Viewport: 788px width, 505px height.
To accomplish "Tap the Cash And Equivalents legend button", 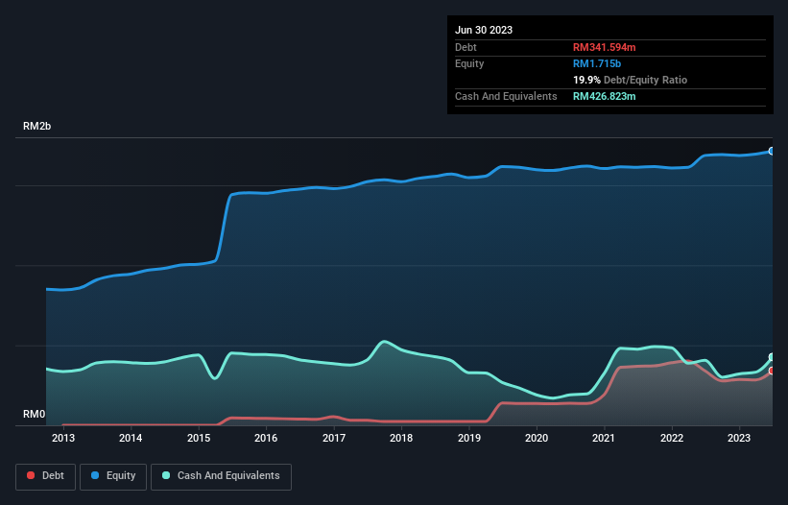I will click(x=221, y=475).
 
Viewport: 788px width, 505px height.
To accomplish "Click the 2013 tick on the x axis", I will click(x=63, y=439).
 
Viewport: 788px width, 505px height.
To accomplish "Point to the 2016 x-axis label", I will click(x=266, y=439).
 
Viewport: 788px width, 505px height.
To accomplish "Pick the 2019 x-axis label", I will click(x=469, y=439).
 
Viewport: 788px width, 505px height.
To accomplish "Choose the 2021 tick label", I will click(x=605, y=439).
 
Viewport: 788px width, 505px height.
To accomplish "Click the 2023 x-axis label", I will click(x=739, y=439).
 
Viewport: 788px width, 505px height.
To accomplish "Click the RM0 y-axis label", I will click(x=35, y=415).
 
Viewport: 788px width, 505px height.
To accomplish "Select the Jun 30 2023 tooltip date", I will click(x=484, y=30).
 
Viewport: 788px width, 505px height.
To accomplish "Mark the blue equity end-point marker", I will click(x=771, y=151).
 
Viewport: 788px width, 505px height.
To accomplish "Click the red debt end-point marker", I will click(x=771, y=371).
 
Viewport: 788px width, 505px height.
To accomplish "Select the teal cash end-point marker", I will click(x=771, y=358).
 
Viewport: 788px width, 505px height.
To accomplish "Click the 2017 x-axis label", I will click(x=334, y=439).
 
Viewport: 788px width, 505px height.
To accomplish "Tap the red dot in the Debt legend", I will click(x=32, y=475).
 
